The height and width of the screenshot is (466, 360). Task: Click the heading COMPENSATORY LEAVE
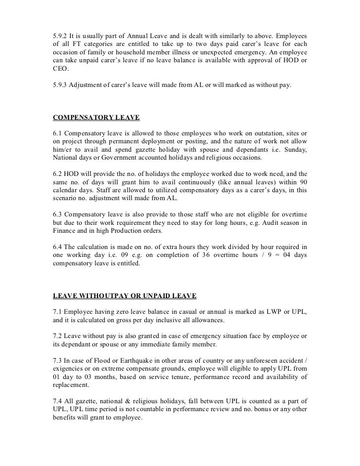click(96, 118)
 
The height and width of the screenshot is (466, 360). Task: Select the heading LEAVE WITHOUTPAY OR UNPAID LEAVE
click(125, 296)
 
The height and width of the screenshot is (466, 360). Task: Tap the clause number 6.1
click(57, 133)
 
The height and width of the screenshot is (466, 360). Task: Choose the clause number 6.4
click(57, 246)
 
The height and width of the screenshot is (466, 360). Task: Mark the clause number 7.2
click(57, 336)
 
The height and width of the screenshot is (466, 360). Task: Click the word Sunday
click(294, 150)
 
